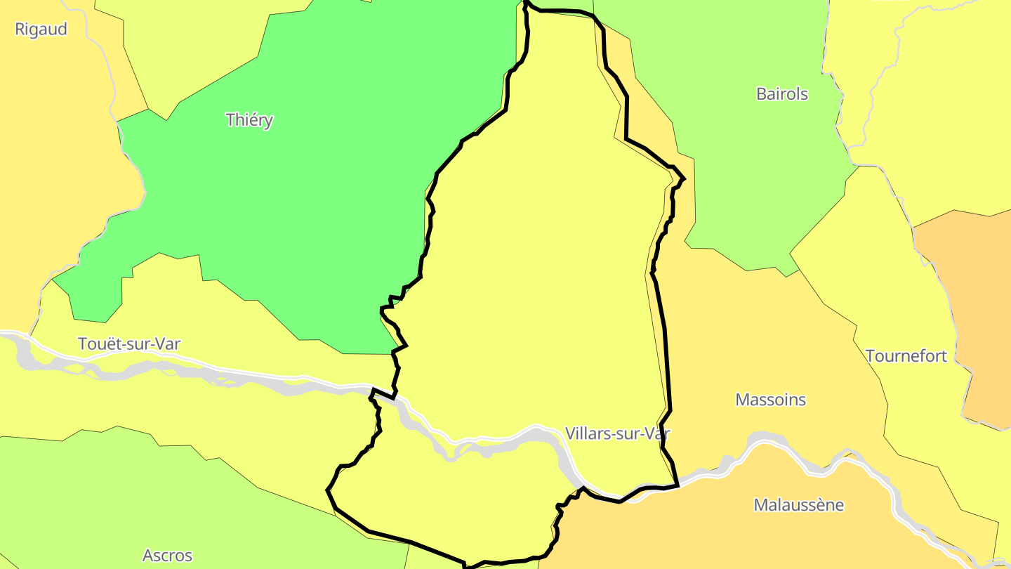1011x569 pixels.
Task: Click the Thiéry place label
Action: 249,120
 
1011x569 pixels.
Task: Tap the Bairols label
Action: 781,93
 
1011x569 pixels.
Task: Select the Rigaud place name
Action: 41,29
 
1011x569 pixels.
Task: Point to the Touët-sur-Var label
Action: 129,344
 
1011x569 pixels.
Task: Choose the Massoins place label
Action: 770,400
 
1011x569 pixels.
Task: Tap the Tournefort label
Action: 906,356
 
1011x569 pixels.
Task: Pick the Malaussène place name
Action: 798,505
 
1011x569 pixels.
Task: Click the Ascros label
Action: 167,556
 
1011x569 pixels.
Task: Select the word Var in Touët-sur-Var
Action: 168,344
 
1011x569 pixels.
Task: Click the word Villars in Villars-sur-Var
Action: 587,433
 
